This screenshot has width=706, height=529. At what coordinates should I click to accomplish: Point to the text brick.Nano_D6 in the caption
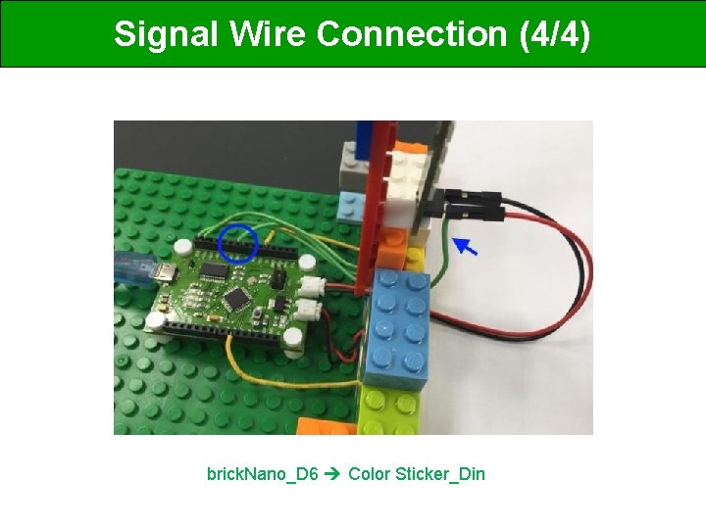click(x=262, y=475)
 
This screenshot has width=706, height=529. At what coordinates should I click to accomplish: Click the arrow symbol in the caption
click(x=333, y=475)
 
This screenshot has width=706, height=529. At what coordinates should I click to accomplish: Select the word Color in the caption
click(x=369, y=475)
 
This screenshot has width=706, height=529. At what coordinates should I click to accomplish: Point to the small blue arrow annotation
click(x=470, y=248)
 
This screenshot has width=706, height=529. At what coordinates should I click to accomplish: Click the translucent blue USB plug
click(x=131, y=265)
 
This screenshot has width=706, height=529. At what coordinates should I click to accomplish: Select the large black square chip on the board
click(x=236, y=297)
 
